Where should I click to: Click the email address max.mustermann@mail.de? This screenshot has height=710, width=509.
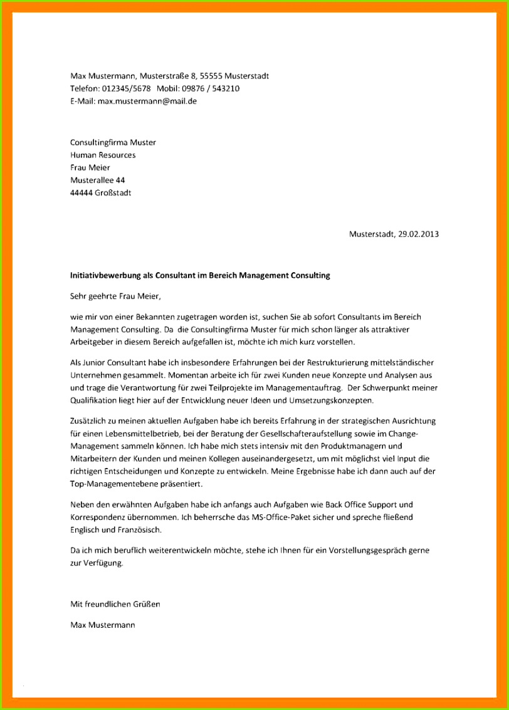[147, 100]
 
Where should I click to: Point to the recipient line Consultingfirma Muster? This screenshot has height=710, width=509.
[113, 142]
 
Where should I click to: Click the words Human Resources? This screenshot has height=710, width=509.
[103, 155]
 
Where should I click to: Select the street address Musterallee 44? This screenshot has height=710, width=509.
[98, 180]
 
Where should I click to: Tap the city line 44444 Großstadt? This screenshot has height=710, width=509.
[100, 193]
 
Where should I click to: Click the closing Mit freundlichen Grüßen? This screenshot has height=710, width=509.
[115, 604]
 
